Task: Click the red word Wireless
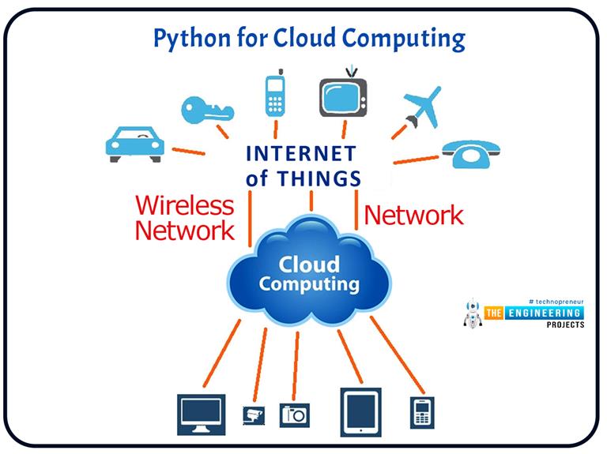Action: [185, 206]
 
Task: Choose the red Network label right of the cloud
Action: [413, 215]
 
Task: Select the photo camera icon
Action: [294, 413]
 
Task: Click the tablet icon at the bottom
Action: [357, 411]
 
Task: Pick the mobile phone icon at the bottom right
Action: [420, 411]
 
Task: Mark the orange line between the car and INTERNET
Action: [189, 151]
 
